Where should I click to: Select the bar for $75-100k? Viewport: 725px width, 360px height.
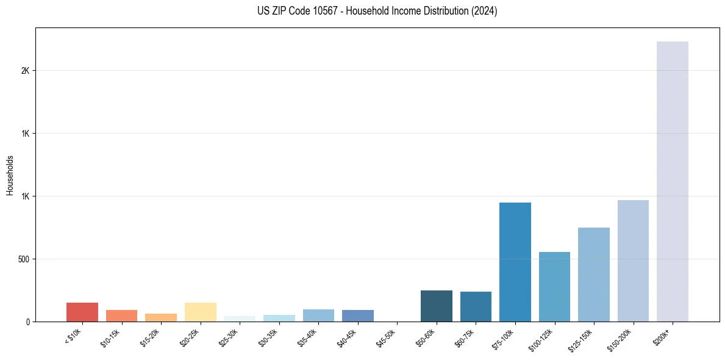click(x=515, y=262)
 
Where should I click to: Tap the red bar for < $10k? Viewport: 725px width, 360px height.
click(x=82, y=312)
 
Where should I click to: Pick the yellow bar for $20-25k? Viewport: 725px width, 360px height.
click(x=201, y=312)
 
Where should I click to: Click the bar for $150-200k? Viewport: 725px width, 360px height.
click(x=633, y=261)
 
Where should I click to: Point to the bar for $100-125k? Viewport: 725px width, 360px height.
click(x=554, y=287)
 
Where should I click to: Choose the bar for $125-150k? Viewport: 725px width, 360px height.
click(x=594, y=275)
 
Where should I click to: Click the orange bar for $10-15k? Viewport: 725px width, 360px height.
click(x=121, y=315)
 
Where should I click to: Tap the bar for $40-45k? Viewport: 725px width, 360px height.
click(x=358, y=315)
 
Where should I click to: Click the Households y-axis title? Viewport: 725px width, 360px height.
click(x=10, y=175)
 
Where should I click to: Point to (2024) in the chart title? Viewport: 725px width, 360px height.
click(x=484, y=11)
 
